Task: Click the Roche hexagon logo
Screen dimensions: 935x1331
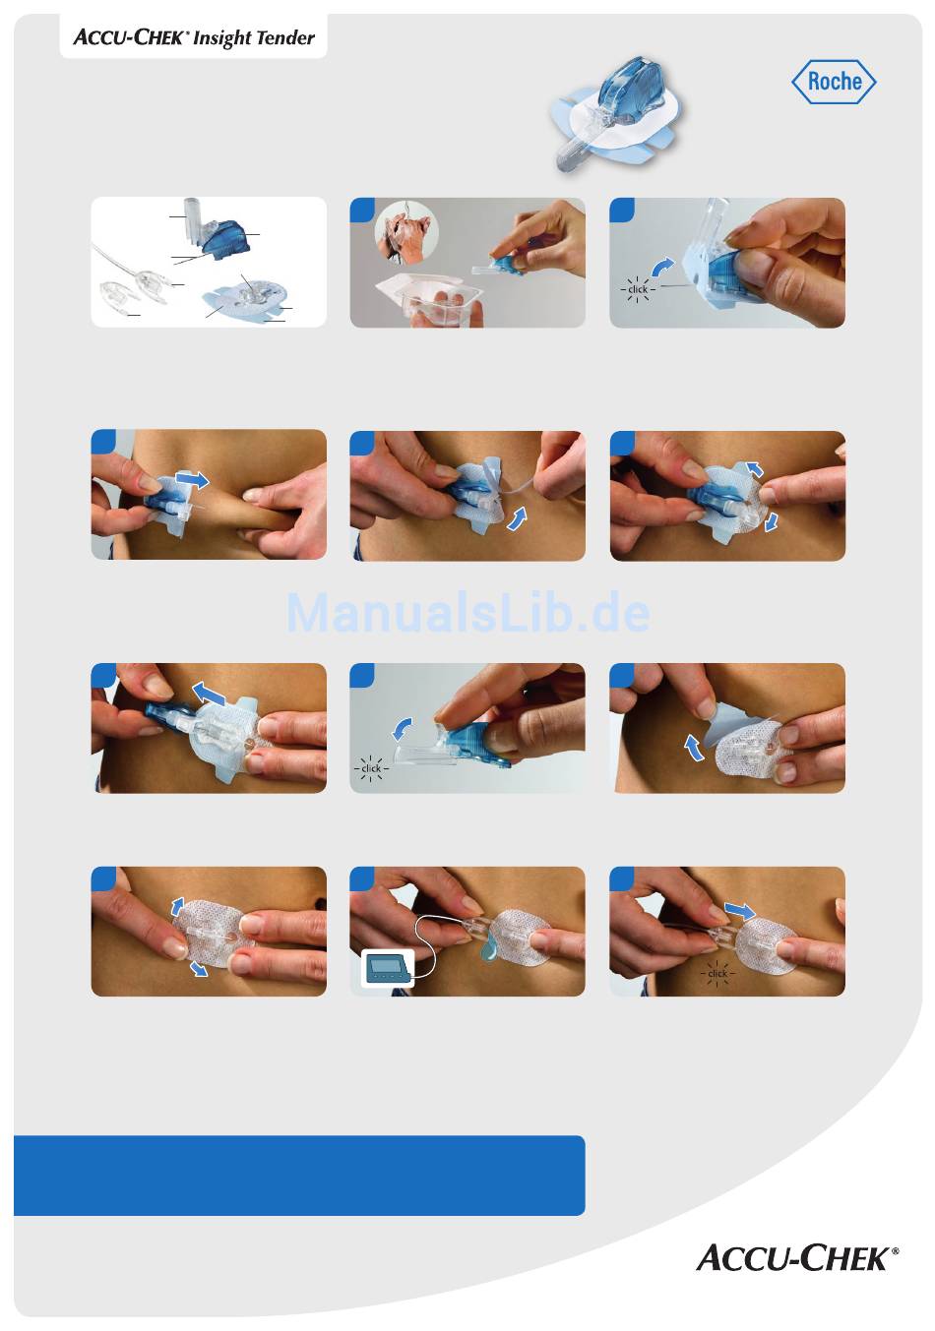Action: tap(834, 82)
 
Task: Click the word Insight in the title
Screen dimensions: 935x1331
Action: tap(222, 38)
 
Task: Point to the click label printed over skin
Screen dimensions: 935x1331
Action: tap(717, 973)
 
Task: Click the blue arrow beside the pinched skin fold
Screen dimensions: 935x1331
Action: tap(193, 479)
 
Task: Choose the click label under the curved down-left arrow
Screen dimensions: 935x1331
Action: tap(371, 768)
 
